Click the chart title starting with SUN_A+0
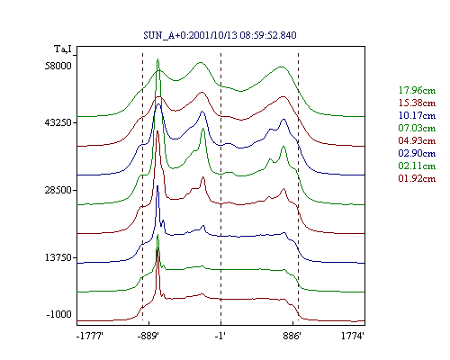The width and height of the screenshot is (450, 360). pos(220,35)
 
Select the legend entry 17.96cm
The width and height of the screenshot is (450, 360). pos(417,90)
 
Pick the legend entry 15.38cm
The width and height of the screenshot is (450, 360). pos(417,103)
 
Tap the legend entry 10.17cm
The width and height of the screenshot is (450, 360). pos(417,115)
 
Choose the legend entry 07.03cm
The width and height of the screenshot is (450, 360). pos(417,128)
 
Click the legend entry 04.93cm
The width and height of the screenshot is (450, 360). pos(417,140)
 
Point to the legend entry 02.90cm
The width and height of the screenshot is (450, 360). pos(417,153)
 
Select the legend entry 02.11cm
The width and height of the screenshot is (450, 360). pos(417,166)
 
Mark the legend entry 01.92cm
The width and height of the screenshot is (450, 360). pos(417,178)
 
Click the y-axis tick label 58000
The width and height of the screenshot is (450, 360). pos(58,66)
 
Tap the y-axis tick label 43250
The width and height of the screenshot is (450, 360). pos(58,122)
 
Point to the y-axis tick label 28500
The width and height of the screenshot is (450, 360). pos(58,190)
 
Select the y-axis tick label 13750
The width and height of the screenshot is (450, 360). pos(58,257)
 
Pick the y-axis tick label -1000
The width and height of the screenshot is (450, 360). pos(59,314)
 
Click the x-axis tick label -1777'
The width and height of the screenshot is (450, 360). pos(90,336)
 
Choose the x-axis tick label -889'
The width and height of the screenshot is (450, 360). pos(148,336)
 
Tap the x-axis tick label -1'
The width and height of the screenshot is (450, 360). pos(220,336)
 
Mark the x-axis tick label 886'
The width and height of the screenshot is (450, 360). pos(292,336)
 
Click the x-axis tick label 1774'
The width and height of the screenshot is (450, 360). pos(353,336)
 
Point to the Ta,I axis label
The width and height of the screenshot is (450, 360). pos(63,49)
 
